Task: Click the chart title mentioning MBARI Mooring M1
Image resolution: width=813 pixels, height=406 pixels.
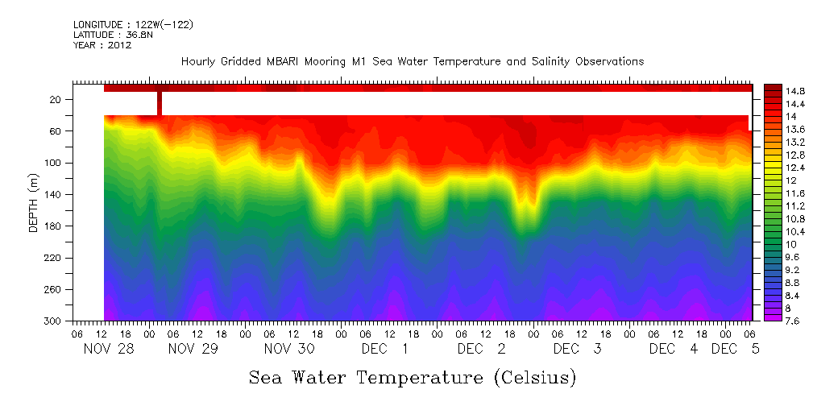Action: click(x=413, y=62)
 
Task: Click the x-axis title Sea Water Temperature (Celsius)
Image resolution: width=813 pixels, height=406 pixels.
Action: click(x=413, y=377)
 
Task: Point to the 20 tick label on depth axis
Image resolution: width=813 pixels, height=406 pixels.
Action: click(x=56, y=100)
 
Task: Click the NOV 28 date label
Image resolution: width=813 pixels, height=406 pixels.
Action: click(x=107, y=349)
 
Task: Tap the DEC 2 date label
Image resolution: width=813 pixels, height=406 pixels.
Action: click(x=482, y=349)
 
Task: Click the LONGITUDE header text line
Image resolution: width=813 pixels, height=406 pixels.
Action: click(x=133, y=25)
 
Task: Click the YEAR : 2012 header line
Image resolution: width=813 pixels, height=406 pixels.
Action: click(x=102, y=46)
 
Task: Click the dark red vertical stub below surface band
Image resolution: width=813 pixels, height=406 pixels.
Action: click(x=160, y=103)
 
